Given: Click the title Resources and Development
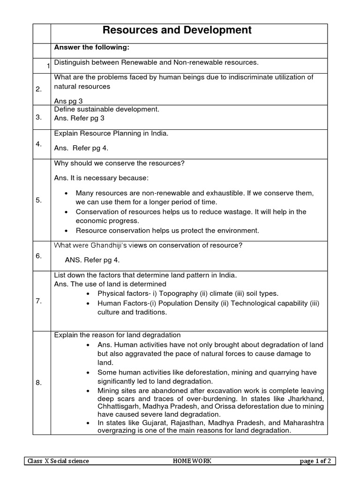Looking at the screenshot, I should tap(177, 31).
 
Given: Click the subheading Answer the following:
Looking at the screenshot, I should tap(92, 47).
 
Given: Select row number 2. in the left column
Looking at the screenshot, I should tap(39, 90).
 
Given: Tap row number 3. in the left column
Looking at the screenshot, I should tap(39, 117).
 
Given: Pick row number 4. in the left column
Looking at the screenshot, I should tap(39, 144).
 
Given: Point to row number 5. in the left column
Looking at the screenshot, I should tap(39, 200).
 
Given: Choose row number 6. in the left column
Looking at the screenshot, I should tap(39, 255).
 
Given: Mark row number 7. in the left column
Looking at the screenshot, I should tap(39, 301).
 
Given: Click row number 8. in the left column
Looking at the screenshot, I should tap(39, 383).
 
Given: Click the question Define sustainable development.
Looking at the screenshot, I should tap(107, 109).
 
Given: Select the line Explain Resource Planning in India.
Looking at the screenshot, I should tap(111, 134).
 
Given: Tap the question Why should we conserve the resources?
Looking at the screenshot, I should tap(120, 163).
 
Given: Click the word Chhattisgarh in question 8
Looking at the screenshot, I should tap(119, 406).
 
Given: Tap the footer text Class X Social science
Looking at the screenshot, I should tap(58, 461).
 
